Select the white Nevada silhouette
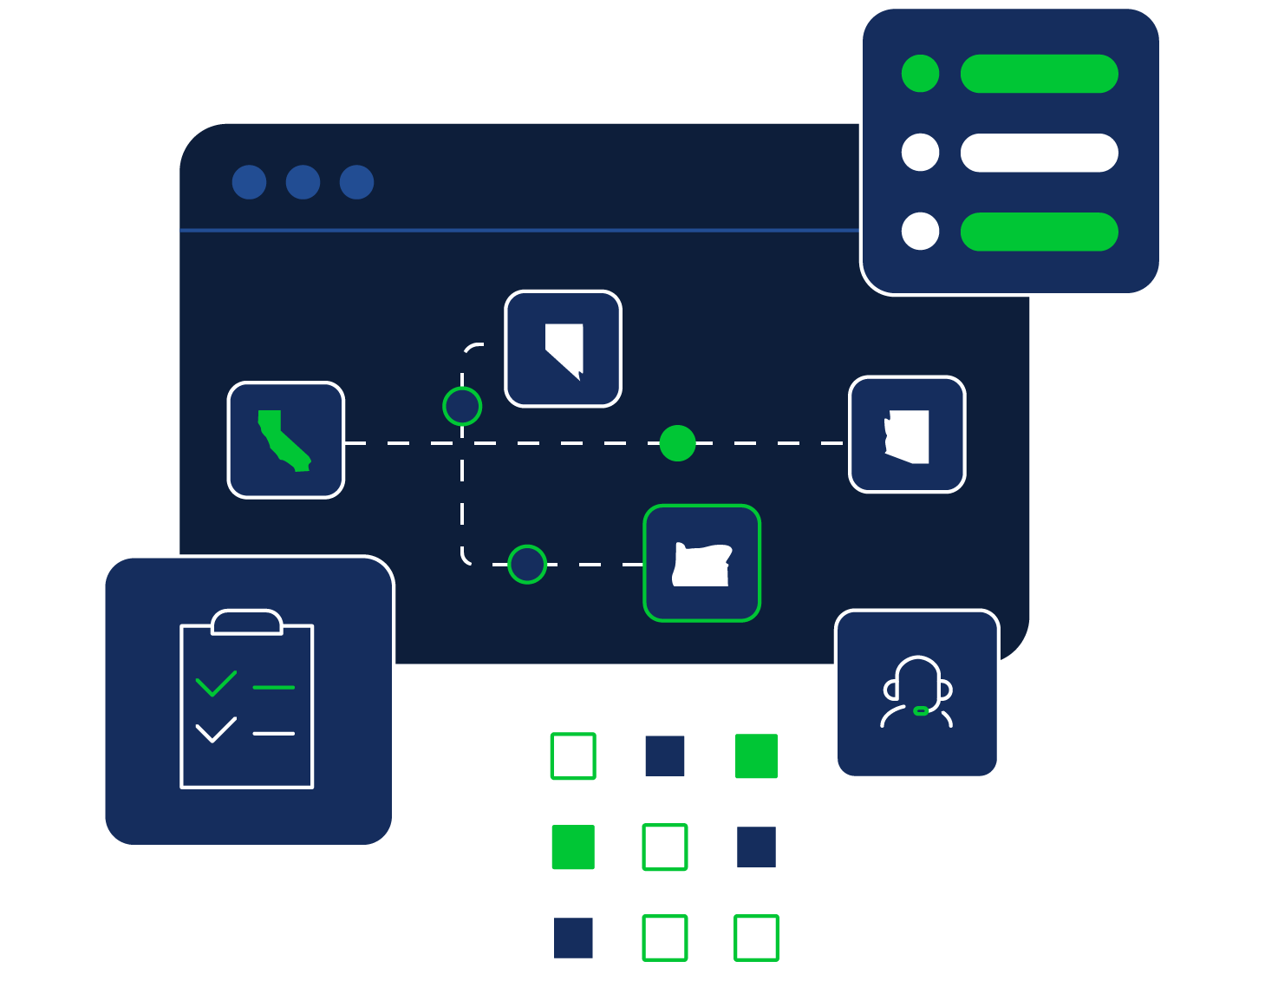[565, 346]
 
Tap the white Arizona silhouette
[910, 436]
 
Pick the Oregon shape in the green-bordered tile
[702, 565]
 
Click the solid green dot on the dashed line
[677, 443]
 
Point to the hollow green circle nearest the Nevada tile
[462, 406]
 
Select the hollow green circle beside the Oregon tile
[527, 565]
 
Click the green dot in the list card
[920, 74]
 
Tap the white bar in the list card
[1039, 153]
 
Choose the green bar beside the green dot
[1039, 74]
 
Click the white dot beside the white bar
[920, 153]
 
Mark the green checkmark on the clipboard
[216, 683]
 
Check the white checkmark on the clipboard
[216, 729]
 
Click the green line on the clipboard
[274, 688]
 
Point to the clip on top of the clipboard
[247, 621]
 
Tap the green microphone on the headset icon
[921, 711]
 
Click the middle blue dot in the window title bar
[303, 182]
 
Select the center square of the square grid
[665, 847]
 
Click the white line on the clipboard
[274, 734]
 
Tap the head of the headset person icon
[917, 681]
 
